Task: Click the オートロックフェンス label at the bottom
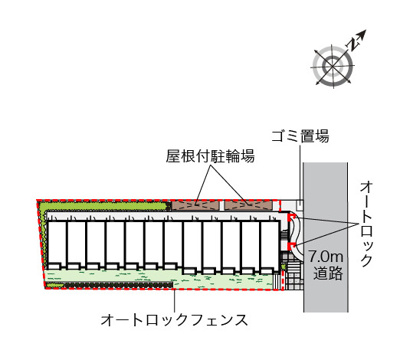coord(172,321)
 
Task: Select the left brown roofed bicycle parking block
coord(194,205)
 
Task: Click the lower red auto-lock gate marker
coord(291,247)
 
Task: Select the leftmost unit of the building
coord(57,245)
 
